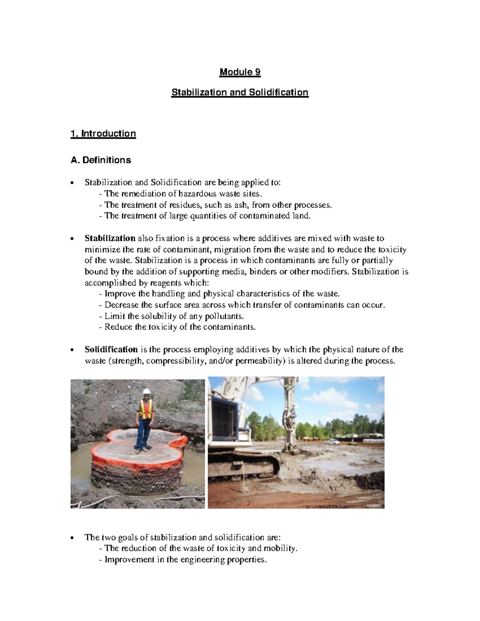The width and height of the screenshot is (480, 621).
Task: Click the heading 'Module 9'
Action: [240, 72]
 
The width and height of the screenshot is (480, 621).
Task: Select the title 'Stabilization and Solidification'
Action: [240, 92]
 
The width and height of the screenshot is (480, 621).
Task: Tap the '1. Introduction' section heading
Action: [103, 133]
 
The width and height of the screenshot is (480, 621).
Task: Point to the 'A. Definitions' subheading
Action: [100, 160]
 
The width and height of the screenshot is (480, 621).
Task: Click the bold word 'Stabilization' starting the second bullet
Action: [110, 238]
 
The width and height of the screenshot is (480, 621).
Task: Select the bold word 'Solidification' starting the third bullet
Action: [111, 349]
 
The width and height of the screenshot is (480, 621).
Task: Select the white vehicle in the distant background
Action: [333, 442]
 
